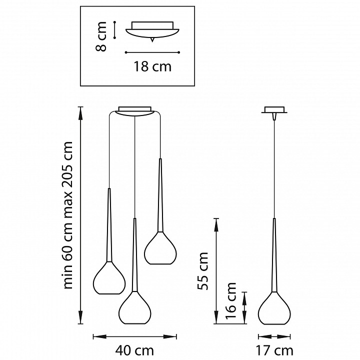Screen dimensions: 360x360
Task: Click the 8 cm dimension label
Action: tap(101, 36)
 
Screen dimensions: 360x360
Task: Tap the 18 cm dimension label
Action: tap(152, 66)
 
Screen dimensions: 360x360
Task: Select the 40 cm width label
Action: tap(134, 350)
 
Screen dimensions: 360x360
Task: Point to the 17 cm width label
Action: tap(274, 350)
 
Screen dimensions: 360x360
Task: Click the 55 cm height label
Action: tap(203, 271)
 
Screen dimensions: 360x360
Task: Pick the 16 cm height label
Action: tap(230, 300)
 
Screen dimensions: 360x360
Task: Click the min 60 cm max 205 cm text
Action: tap(67, 215)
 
